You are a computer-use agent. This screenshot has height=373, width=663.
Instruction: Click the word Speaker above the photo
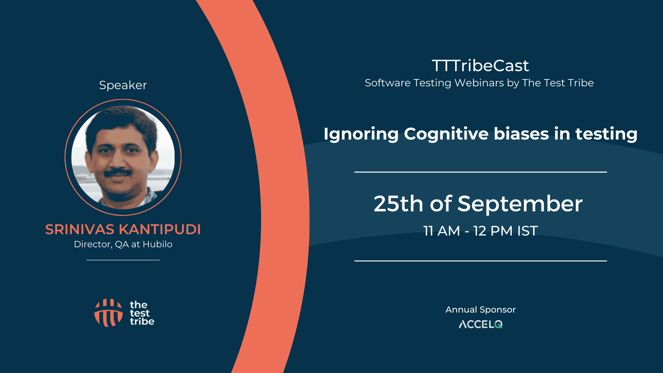123,85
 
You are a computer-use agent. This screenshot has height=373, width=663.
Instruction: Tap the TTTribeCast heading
480,66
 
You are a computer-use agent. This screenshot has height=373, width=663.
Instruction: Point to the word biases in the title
521,134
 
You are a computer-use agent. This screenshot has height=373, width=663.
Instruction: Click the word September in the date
520,204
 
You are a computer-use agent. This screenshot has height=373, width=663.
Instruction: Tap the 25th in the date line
398,203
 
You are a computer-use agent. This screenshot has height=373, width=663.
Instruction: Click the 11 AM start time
442,231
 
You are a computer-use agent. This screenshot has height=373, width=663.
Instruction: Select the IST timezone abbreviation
527,231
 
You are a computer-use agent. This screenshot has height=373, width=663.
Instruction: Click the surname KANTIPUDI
160,229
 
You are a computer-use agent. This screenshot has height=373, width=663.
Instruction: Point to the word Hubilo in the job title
157,244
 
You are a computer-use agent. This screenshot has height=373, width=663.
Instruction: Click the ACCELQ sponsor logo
480,324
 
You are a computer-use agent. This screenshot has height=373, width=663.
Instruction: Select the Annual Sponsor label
480,310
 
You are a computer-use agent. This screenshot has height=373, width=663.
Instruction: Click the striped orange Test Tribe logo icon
108,313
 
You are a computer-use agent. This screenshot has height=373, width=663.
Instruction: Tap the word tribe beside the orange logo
142,322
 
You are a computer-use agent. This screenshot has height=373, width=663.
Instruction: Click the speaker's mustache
117,172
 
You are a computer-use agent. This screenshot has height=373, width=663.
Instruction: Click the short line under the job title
123,260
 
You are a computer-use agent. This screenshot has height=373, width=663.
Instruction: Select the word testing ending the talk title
606,134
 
